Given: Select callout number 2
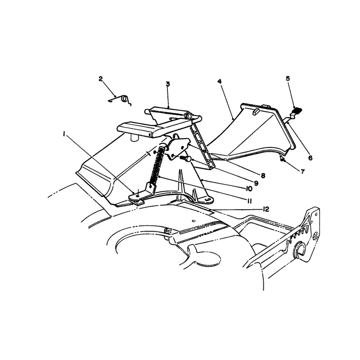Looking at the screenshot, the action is [100, 79].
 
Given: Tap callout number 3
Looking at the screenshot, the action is [168, 84].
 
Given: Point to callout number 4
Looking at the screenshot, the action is [220, 81].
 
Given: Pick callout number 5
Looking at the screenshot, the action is [288, 78].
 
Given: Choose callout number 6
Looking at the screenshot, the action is [310, 158].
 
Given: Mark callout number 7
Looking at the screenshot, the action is [302, 171].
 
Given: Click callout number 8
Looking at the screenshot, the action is [263, 175].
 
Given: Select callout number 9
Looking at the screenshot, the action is [256, 183].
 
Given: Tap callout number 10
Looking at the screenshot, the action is [249, 189].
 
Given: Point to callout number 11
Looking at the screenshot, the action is [249, 201].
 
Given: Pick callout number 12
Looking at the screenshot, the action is [266, 209].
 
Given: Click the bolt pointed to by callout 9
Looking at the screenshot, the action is [186, 158].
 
